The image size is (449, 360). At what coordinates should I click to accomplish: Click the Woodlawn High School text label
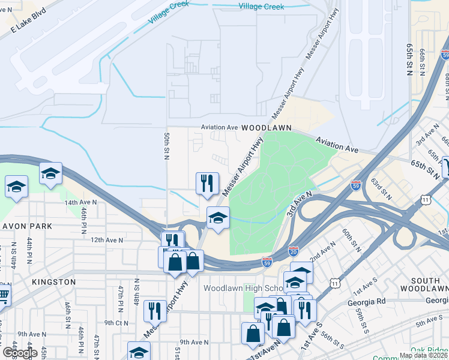tap(240, 288)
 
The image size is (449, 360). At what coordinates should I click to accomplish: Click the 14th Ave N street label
tap(85, 203)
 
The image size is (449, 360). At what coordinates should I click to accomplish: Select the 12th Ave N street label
tap(106, 239)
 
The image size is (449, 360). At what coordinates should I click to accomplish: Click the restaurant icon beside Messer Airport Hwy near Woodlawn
tap(208, 183)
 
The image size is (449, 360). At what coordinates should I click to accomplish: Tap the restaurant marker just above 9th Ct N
tap(155, 310)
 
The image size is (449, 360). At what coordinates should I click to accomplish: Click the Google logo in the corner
tap(20, 352)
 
